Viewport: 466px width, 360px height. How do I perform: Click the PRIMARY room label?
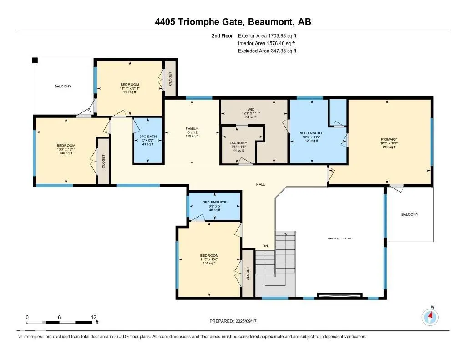389,140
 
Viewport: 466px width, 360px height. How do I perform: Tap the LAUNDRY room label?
238,143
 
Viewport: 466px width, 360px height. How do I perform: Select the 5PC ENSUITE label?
311,133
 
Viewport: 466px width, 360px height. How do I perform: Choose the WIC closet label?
250,109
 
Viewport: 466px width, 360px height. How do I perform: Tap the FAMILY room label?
192,129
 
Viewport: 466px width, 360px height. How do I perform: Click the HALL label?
260,184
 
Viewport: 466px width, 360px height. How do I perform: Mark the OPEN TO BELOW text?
340,238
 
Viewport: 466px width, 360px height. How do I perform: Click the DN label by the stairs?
265,246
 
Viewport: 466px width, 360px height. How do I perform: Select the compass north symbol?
430,316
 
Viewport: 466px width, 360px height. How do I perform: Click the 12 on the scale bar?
93,317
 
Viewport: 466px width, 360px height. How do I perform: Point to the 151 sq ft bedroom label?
209,255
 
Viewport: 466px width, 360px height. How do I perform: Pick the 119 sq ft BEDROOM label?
129,85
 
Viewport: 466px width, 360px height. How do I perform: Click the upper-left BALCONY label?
63,86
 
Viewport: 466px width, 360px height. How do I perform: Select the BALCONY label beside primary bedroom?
409,214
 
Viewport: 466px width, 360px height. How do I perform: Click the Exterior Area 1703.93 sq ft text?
267,35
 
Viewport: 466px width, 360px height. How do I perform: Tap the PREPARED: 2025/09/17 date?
233,321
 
